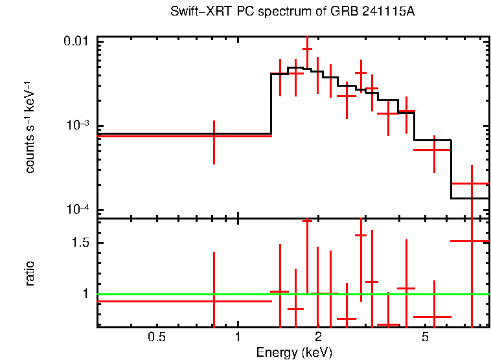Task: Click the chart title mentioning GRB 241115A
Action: tap(292, 12)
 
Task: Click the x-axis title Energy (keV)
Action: tap(294, 353)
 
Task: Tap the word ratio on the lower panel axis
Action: tap(30, 273)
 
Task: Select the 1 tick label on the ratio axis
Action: tap(85, 294)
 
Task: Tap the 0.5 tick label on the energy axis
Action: tap(157, 337)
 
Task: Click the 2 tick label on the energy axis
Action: tap(318, 337)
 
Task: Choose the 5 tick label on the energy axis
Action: tap(425, 337)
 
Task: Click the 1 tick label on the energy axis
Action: tap(238, 337)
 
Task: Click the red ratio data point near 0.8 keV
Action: tap(214, 301)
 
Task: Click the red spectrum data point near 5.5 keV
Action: tap(434, 150)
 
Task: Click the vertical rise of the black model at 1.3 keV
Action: tap(271, 104)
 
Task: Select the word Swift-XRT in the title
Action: tap(195, 12)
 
